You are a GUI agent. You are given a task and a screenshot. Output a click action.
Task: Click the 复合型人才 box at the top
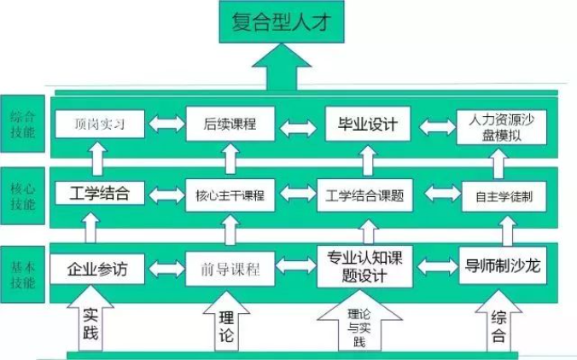(x=281, y=23)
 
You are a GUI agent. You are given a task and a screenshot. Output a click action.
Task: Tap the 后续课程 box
(x=230, y=125)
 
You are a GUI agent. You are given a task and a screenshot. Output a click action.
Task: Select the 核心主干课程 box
(x=230, y=195)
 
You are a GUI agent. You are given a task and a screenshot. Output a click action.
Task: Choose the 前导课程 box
(x=230, y=269)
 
